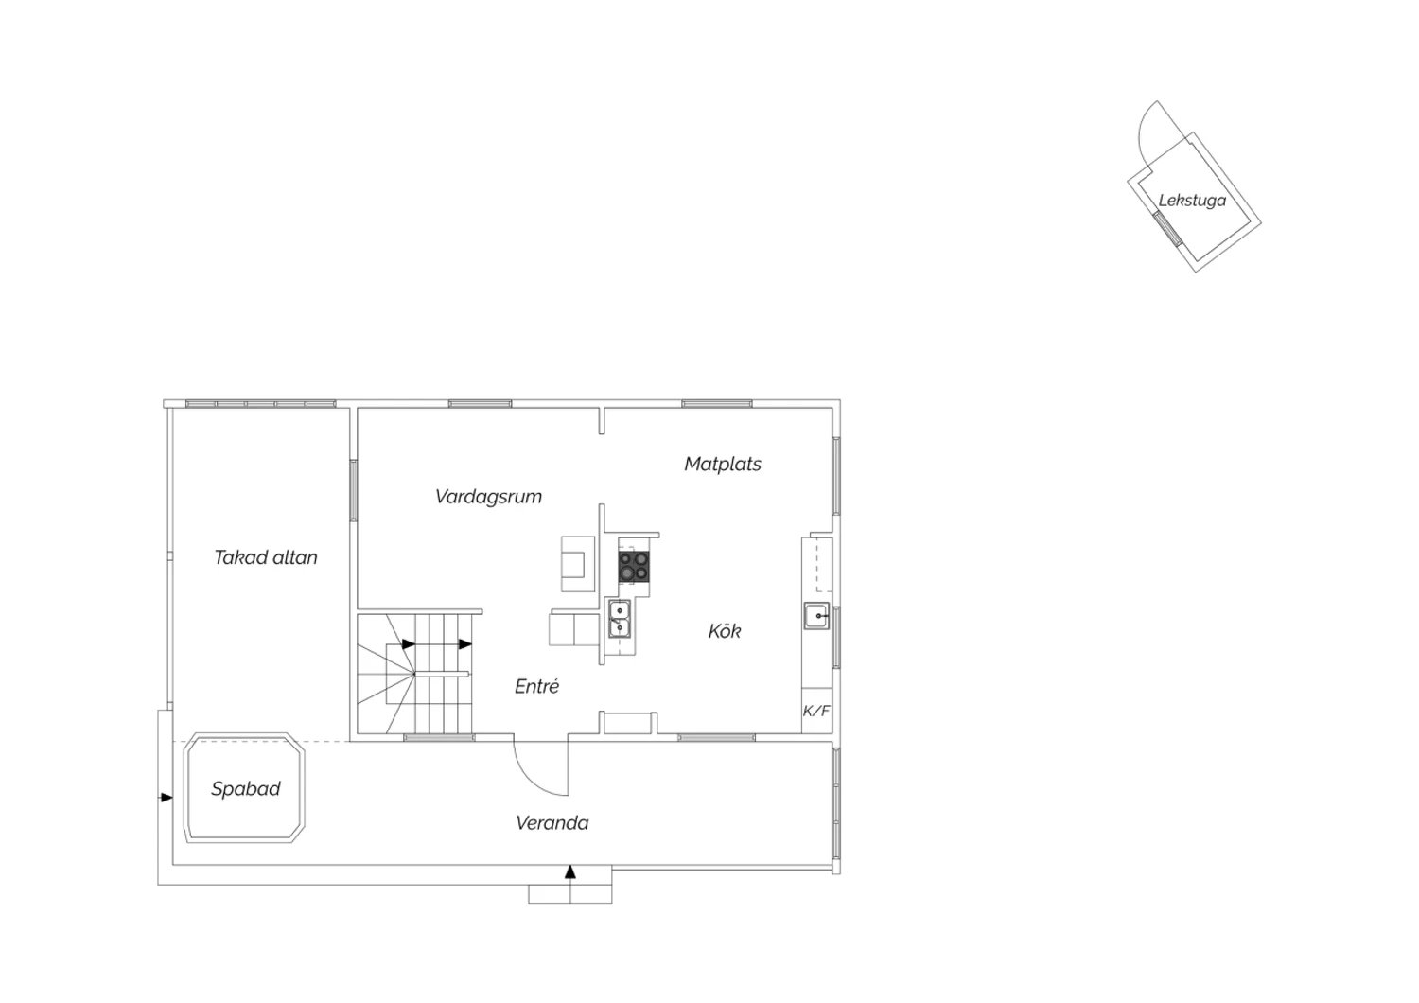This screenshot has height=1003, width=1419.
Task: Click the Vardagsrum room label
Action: click(488, 497)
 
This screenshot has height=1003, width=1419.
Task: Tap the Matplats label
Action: click(722, 464)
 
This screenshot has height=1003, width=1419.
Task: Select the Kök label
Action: click(724, 630)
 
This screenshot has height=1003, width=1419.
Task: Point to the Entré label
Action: click(536, 686)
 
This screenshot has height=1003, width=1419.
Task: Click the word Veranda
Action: click(552, 823)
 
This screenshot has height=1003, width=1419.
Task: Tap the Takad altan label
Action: click(266, 557)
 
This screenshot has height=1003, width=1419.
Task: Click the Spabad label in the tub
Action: click(246, 789)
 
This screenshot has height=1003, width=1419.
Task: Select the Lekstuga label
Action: click(1192, 201)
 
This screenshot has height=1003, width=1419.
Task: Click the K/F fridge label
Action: click(815, 711)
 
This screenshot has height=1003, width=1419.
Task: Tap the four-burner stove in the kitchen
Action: click(634, 567)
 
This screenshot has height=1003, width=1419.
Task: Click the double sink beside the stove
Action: click(619, 619)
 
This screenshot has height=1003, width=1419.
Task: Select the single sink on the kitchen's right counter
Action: click(816, 616)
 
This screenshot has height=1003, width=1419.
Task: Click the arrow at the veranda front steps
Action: click(570, 871)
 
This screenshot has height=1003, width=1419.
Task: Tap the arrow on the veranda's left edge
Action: click(166, 797)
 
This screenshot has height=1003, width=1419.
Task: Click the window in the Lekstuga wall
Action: click(1166, 229)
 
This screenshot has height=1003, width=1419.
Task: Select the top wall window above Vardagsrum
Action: click(481, 404)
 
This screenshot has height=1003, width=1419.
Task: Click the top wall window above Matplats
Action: click(717, 404)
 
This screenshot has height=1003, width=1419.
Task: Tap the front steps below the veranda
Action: click(570, 893)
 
